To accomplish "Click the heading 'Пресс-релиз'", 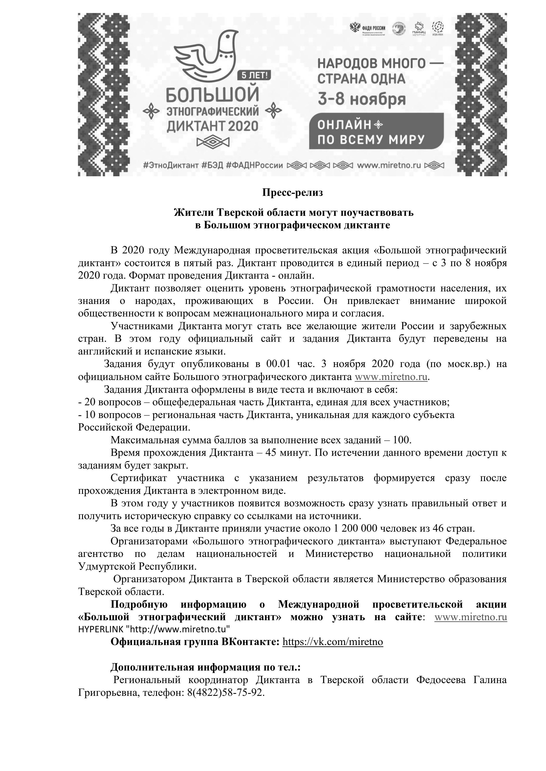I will pyautogui.click(x=292, y=193).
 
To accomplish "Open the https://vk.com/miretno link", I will pyautogui.click(x=333, y=642).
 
